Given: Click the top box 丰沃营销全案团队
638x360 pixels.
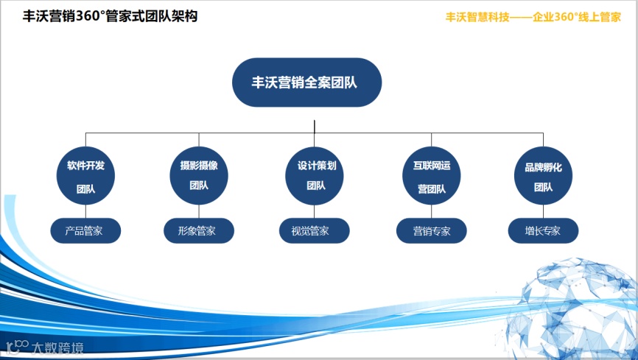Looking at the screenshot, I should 306,82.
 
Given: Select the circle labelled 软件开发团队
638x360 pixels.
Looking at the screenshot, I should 85,176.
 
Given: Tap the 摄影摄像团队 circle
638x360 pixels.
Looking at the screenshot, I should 199,176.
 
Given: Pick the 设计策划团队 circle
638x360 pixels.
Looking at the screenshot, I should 315,176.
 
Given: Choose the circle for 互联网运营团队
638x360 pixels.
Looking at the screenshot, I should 431,176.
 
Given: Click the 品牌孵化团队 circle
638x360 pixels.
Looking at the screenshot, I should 544,176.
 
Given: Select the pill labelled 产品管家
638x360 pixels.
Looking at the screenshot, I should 85,231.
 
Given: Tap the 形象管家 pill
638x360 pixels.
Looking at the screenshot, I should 199,231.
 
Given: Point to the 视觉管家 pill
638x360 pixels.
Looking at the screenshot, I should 315,231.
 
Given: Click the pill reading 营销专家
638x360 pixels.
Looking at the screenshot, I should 431,231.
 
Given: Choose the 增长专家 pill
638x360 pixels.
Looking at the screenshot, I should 544,231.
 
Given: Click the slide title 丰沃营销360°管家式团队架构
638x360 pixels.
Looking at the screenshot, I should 111,15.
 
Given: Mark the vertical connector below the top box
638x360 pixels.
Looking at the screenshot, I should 315,119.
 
